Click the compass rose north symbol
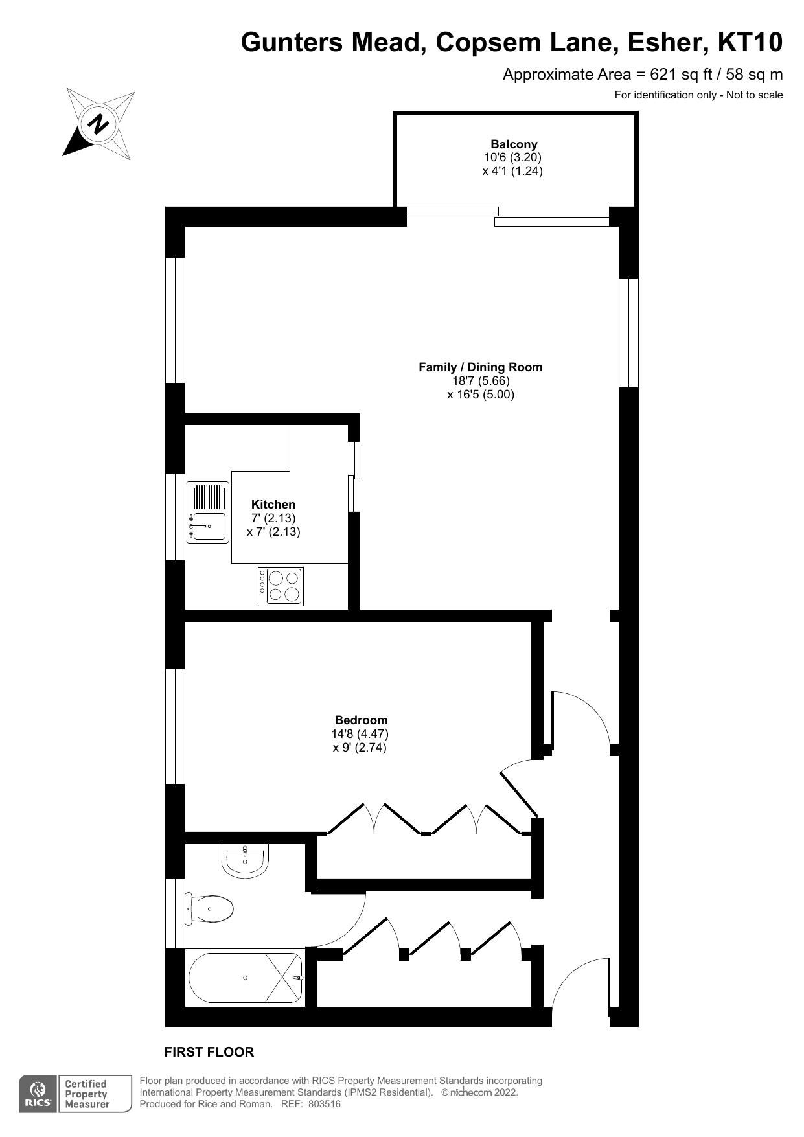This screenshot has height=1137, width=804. [x=99, y=123]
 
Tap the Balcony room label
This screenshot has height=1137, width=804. [x=514, y=144]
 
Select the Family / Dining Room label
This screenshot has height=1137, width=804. [x=480, y=367]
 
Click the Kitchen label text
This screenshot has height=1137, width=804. [x=273, y=505]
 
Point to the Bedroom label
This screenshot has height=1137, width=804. [x=361, y=720]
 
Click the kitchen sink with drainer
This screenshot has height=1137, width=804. [x=208, y=512]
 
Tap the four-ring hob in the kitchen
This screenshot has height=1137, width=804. [x=281, y=586]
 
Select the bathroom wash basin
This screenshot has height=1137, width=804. [x=244, y=860]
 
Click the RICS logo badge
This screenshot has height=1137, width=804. [x=38, y=1094]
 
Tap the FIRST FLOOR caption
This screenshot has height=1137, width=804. [x=209, y=1052]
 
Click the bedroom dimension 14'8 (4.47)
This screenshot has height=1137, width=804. [x=360, y=734]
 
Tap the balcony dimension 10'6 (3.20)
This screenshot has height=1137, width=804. [x=512, y=157]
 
